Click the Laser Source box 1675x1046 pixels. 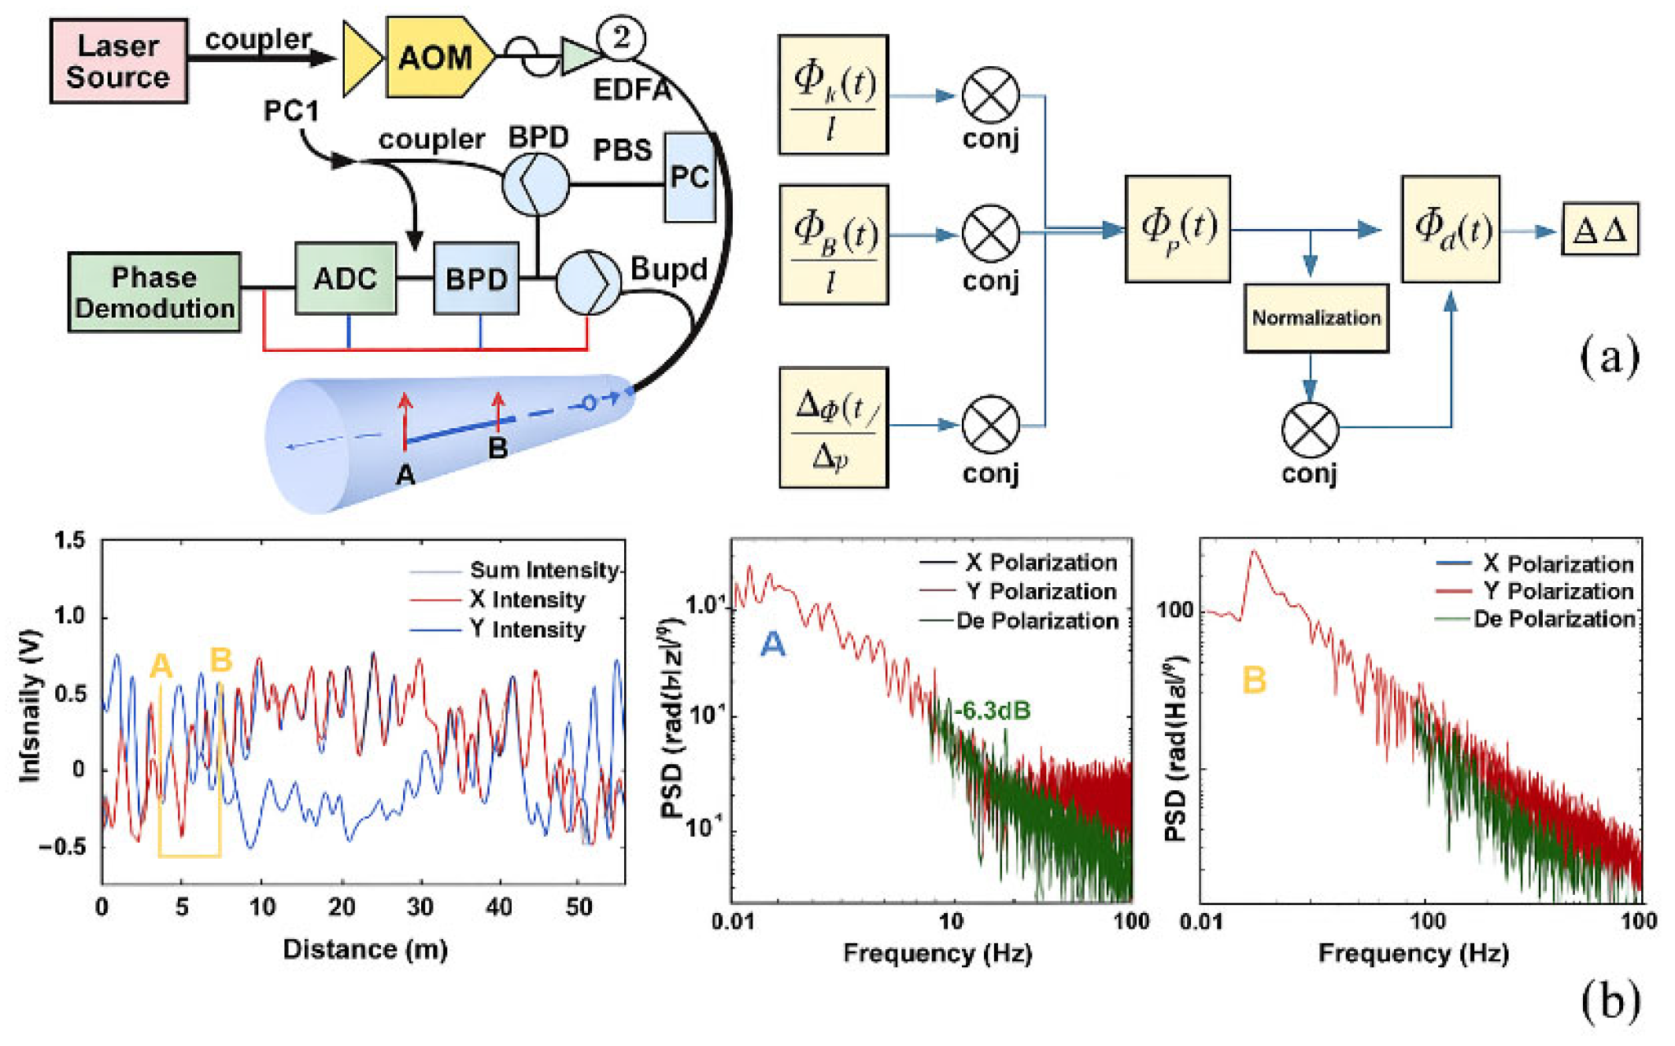tap(119, 61)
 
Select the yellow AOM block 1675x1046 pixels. tap(435, 57)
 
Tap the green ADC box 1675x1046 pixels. tap(346, 279)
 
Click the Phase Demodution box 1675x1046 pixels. tap(154, 293)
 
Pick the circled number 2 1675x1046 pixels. tap(621, 37)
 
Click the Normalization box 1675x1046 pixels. tap(1316, 318)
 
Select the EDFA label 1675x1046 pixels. tap(632, 90)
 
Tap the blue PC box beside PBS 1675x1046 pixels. tap(690, 177)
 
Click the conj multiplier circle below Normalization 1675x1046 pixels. tap(1310, 430)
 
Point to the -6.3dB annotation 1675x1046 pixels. tap(993, 710)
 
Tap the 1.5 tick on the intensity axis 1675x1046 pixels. tap(69, 541)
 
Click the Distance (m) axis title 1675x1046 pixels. tap(365, 949)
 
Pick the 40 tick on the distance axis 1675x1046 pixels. tap(499, 907)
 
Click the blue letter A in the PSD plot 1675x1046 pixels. tap(772, 645)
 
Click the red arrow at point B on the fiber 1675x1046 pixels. tap(497, 409)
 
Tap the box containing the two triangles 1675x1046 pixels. tap(1600, 230)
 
